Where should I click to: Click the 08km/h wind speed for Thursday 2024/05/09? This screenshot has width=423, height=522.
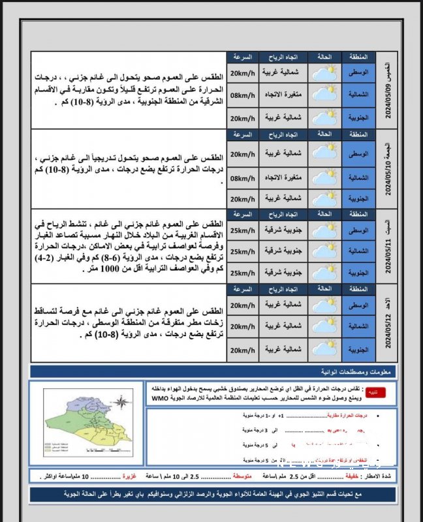pyautogui.click(x=242, y=96)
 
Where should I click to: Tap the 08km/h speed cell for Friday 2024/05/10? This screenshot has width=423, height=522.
pyautogui.click(x=242, y=177)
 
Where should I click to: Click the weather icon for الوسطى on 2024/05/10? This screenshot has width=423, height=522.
pyautogui.click(x=325, y=154)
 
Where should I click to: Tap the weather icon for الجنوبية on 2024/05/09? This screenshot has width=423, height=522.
pyautogui.click(x=325, y=117)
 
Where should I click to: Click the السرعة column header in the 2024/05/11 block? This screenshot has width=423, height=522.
pyautogui.click(x=242, y=214)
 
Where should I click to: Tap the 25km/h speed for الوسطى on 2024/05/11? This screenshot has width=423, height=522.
pyautogui.click(x=242, y=230)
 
